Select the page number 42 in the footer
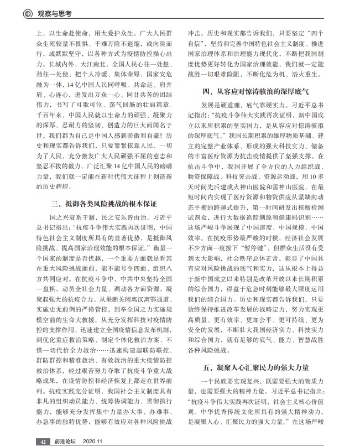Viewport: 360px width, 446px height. click(x=43, y=441)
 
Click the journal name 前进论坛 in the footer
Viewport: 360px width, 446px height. click(x=64, y=441)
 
